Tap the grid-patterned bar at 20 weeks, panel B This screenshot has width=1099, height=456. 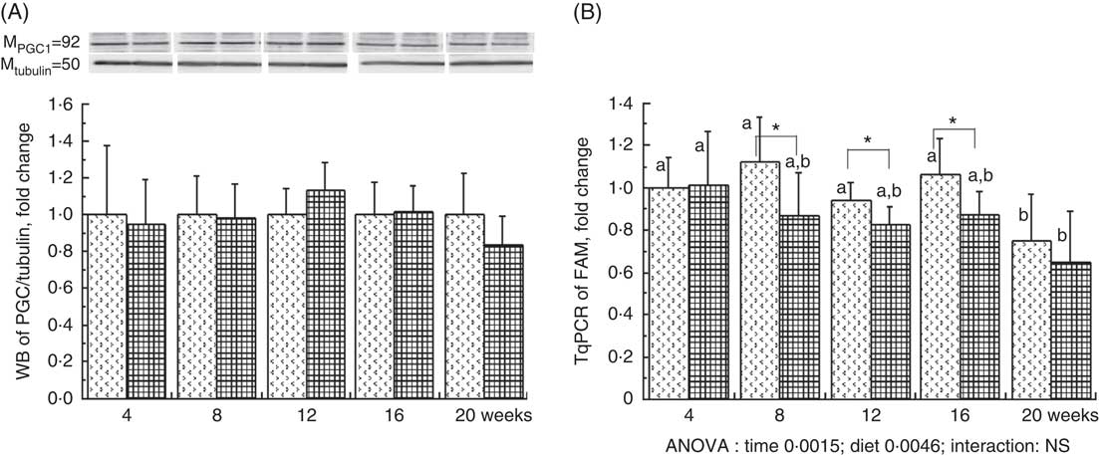pos(1044,330)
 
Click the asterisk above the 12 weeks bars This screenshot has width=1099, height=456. pos(867,140)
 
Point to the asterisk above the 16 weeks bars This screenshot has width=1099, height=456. pos(953,120)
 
